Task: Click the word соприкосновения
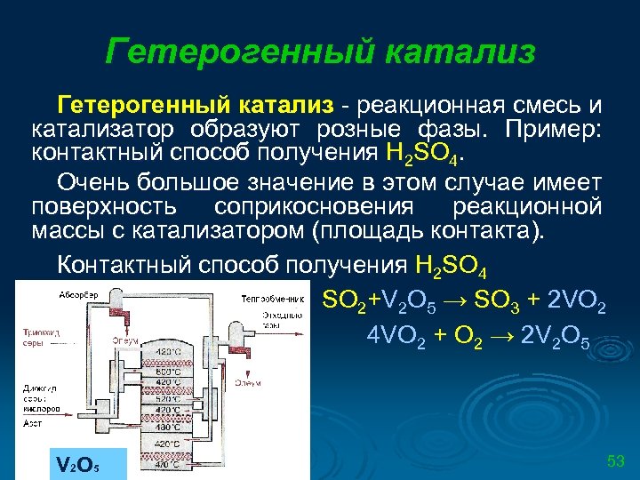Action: click(314, 207)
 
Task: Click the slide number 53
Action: click(616, 460)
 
